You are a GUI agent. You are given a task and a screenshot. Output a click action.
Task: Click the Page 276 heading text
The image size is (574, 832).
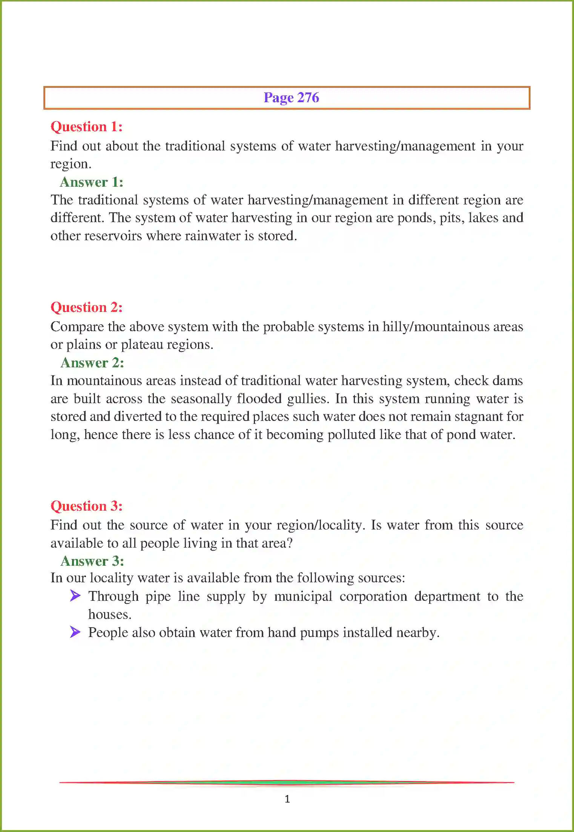click(291, 98)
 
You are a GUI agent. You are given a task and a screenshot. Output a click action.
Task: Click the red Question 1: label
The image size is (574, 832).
click(86, 127)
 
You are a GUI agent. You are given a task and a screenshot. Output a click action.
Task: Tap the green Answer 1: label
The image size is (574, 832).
click(92, 182)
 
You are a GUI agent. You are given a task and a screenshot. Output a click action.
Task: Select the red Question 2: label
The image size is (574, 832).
click(86, 307)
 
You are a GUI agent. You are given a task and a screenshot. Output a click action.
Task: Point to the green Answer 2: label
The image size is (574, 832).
click(92, 363)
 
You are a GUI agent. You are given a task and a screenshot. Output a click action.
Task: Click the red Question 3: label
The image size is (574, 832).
click(86, 506)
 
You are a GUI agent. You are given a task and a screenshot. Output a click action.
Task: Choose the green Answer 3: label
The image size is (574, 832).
click(92, 561)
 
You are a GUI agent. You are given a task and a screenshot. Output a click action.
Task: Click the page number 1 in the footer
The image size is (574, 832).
click(287, 798)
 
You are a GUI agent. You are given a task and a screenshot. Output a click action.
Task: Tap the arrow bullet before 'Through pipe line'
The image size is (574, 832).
click(75, 596)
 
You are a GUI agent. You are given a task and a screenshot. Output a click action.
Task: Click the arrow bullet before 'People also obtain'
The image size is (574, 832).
click(75, 632)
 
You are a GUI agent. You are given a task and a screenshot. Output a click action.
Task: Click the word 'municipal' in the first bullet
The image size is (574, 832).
click(303, 597)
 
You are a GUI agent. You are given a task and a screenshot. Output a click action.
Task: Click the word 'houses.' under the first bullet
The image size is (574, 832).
click(110, 614)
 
